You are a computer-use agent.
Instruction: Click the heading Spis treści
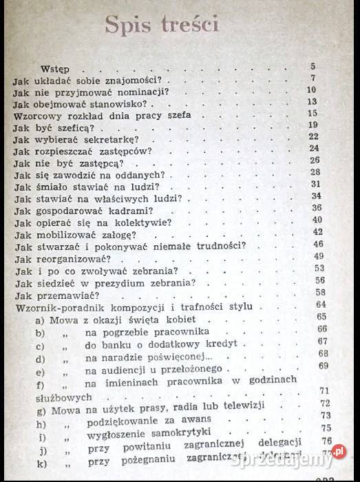coord(162,25)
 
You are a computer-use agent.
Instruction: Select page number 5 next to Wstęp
coord(313,67)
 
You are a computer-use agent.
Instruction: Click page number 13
coord(312,102)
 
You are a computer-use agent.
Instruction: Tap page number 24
coord(314,149)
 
